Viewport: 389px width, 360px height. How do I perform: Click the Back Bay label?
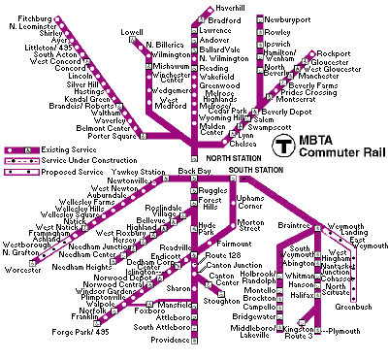click(x=194, y=171)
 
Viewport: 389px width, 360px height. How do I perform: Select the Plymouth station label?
click(x=342, y=331)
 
